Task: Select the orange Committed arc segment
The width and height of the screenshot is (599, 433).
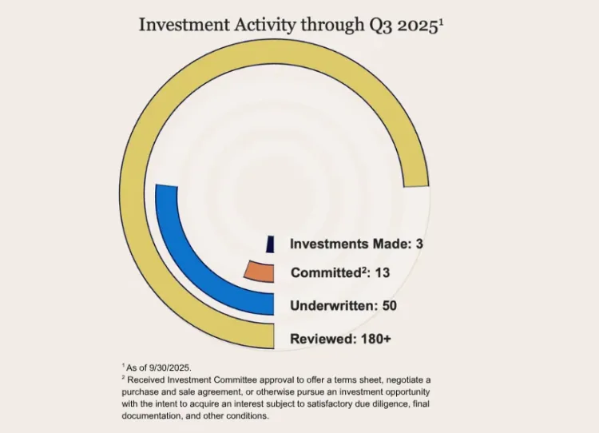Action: tap(259, 272)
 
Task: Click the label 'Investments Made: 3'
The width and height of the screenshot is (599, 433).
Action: tap(355, 244)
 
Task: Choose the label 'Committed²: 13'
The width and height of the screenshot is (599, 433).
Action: tap(340, 272)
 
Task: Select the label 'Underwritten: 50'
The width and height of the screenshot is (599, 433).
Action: tap(343, 305)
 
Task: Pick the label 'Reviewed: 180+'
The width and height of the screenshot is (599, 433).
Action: tap(341, 338)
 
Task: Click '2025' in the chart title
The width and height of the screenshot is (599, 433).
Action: tap(416, 24)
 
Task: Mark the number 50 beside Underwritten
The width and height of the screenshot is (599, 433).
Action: tap(389, 305)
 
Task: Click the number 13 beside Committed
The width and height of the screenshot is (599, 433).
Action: tap(382, 272)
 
